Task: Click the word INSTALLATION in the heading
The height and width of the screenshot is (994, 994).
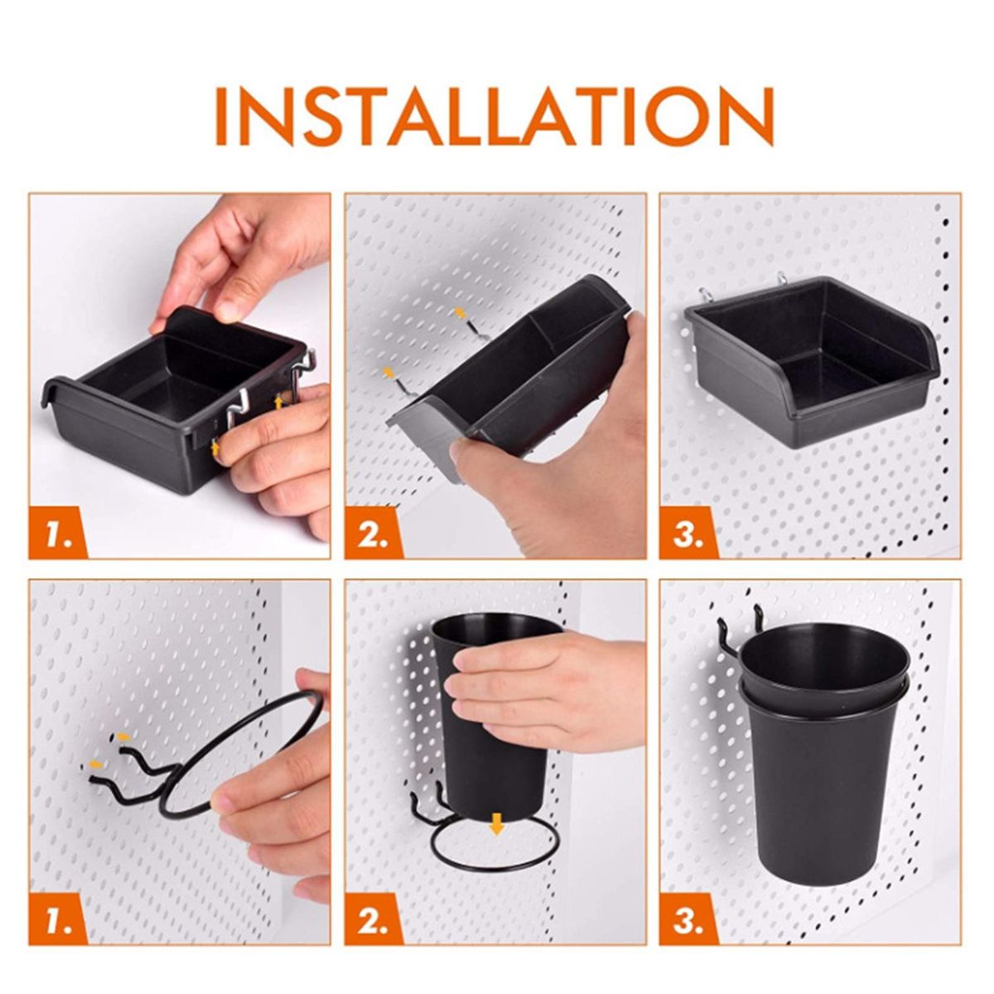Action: (x=495, y=117)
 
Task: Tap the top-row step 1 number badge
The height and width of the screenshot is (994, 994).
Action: (x=58, y=533)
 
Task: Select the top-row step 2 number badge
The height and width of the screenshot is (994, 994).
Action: (x=374, y=533)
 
